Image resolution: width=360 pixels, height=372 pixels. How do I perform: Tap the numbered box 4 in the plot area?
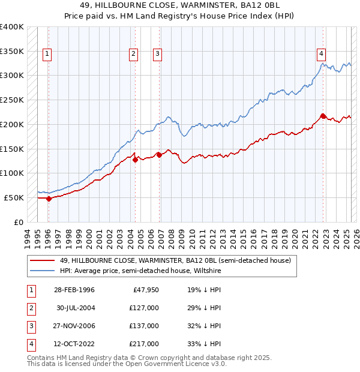322,53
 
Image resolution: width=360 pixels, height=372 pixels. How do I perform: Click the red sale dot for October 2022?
323,116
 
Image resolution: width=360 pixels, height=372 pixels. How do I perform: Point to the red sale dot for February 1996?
49,199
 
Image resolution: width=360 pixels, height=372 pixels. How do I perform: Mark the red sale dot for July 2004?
136,160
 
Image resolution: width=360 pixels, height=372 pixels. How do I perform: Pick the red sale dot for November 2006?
160,155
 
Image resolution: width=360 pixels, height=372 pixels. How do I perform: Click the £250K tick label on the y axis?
12,100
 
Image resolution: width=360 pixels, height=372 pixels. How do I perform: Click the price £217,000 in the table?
145,344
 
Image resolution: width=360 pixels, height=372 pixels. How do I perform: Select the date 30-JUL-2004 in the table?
76,308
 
